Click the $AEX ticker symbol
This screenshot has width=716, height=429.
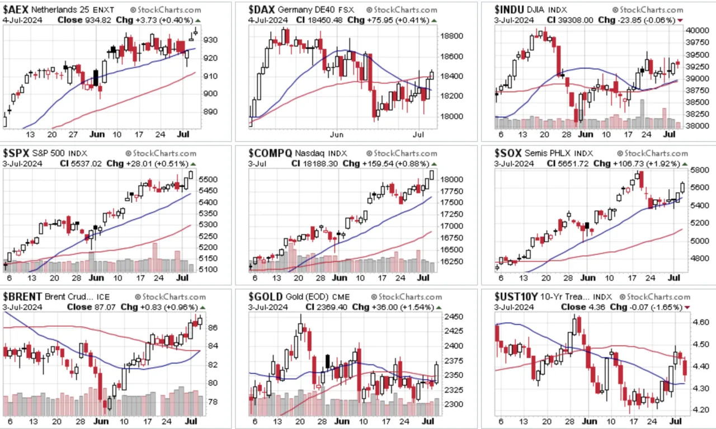click(16, 10)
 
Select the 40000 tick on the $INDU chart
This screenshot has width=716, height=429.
click(697, 30)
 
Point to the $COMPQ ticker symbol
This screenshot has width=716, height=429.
click(270, 153)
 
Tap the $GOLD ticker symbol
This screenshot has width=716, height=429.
click(265, 297)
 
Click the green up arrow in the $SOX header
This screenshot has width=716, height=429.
click(685, 164)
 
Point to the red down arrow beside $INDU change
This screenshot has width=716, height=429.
click(680, 21)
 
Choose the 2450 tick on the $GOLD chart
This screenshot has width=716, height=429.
click(453, 317)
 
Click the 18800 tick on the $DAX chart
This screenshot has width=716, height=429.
click(451, 36)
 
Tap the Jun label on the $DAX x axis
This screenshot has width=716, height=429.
click(337, 135)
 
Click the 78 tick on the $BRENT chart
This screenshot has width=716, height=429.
click(213, 402)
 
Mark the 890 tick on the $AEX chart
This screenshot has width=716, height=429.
click(211, 111)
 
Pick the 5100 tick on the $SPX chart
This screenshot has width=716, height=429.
click(208, 270)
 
